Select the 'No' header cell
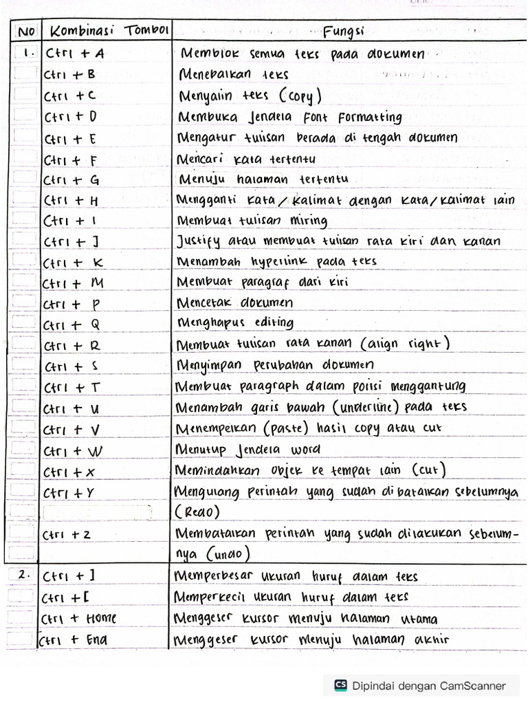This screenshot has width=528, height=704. [x=25, y=32]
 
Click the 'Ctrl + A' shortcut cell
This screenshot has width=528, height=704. [x=74, y=54]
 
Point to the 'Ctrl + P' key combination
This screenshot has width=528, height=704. [x=71, y=305]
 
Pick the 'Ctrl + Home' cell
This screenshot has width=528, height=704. [x=79, y=618]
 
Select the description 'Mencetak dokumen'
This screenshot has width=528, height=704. [x=235, y=302]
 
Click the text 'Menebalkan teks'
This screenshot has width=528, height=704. [x=234, y=74]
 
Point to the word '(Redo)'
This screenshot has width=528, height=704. [x=198, y=512]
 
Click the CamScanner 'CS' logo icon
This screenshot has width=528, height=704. [x=340, y=685]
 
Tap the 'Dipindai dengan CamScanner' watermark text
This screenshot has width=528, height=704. [x=429, y=685]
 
